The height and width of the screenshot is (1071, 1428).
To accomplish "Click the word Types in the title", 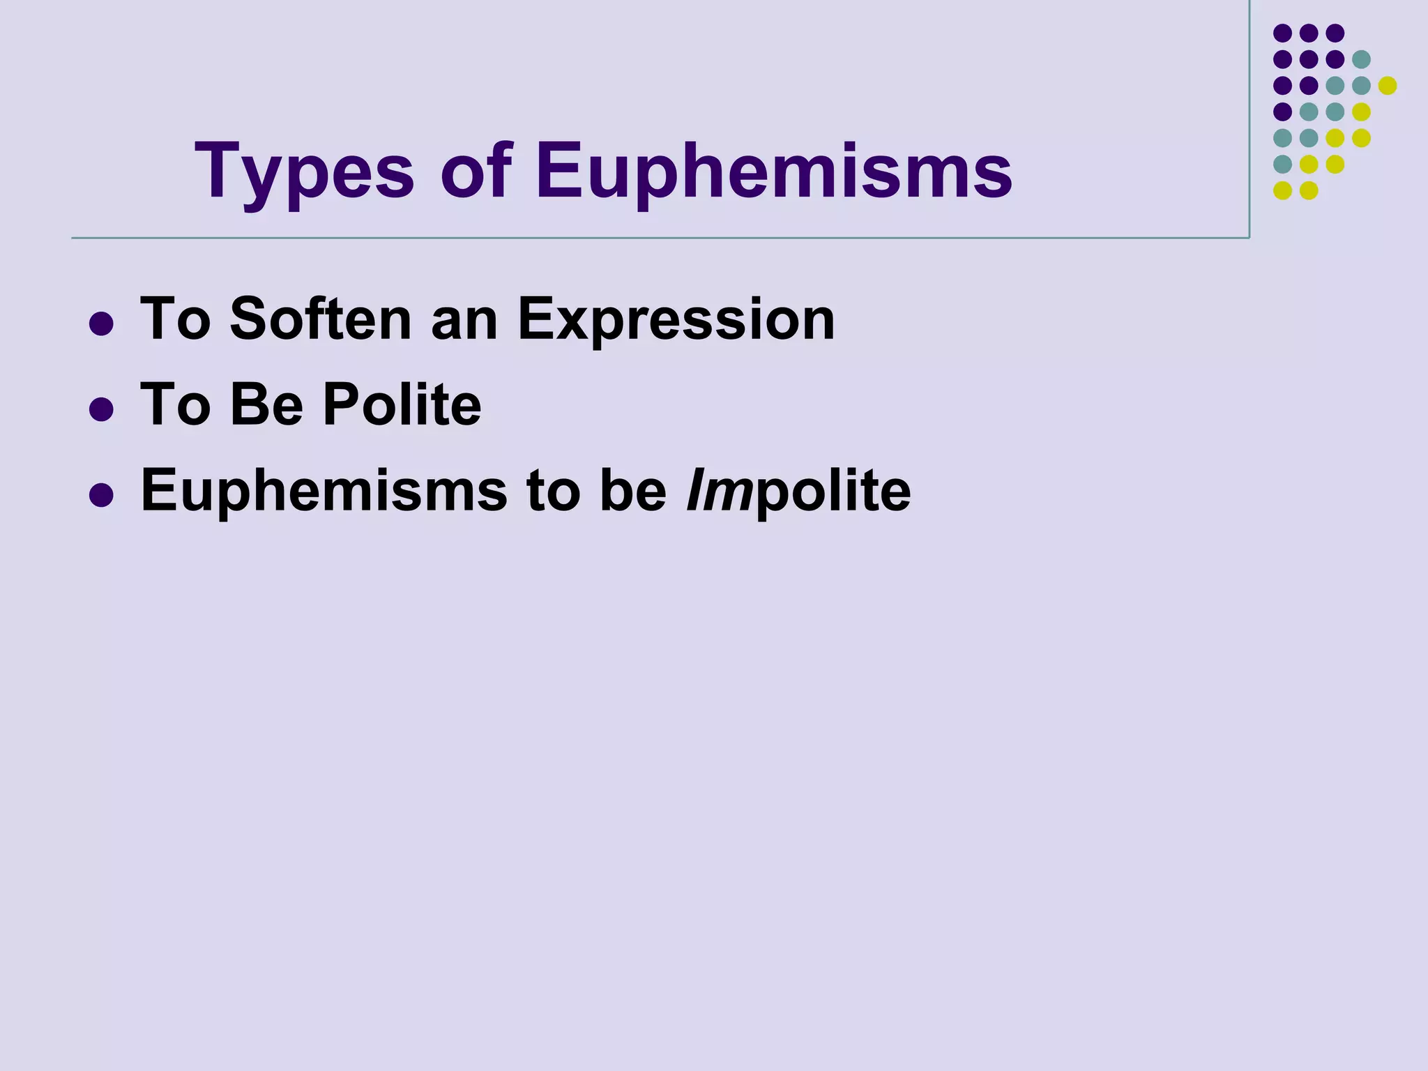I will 304,172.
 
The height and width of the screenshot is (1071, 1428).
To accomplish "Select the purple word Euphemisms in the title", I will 774,172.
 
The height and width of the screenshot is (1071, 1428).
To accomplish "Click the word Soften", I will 321,319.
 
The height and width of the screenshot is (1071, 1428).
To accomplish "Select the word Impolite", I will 798,492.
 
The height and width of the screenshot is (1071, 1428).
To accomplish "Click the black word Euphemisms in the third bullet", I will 324,492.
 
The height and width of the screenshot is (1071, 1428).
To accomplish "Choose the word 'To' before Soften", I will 176,319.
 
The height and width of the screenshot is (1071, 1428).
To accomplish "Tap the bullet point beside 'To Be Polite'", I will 102,410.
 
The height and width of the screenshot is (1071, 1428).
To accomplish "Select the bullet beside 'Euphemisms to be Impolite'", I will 102,495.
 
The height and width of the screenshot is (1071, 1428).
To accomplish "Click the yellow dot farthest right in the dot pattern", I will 1388,86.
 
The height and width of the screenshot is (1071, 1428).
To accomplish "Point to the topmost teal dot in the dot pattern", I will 1361,59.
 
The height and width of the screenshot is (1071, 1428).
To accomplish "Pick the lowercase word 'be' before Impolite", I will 633,492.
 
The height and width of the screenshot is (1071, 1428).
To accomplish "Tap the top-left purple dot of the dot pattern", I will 1282,33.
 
